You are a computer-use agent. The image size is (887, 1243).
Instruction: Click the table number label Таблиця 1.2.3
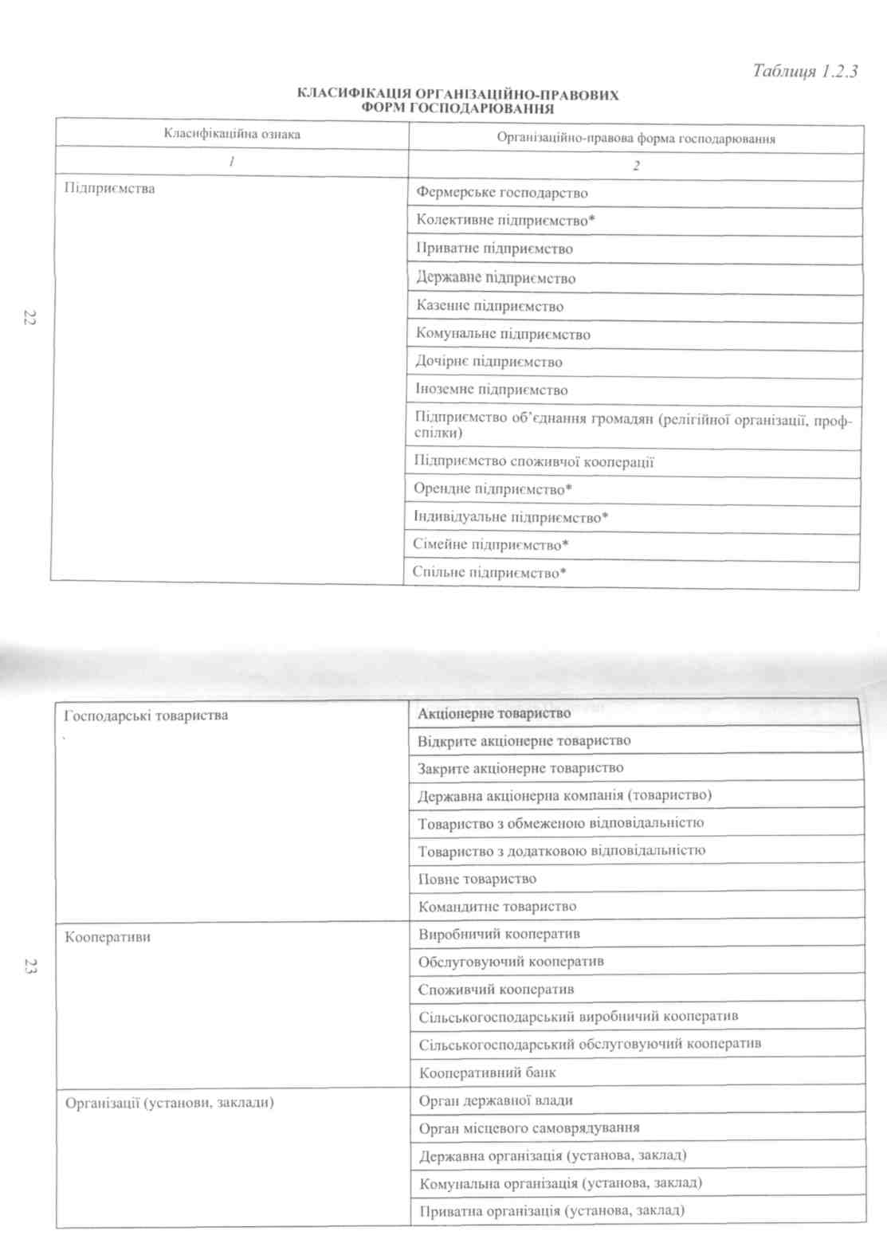pyautogui.click(x=804, y=71)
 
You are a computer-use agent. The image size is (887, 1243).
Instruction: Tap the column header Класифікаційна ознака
pyautogui.click(x=232, y=134)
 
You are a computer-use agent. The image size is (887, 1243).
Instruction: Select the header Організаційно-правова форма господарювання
pyautogui.click(x=635, y=139)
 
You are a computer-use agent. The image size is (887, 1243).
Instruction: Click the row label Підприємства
pyautogui.click(x=110, y=189)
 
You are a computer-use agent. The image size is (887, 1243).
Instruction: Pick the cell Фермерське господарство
pyautogui.click(x=502, y=193)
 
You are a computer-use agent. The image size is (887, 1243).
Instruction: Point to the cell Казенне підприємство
pyautogui.click(x=489, y=306)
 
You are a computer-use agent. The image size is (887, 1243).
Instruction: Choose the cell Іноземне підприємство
pyautogui.click(x=491, y=390)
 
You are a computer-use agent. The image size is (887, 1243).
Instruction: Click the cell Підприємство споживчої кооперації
pyautogui.click(x=534, y=461)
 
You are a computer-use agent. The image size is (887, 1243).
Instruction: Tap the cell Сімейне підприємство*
pyautogui.click(x=490, y=545)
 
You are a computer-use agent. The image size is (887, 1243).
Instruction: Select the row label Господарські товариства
pyautogui.click(x=146, y=716)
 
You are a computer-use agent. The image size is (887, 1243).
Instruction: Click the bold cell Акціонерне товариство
pyautogui.click(x=494, y=713)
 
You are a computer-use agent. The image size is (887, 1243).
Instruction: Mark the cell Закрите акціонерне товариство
pyautogui.click(x=520, y=768)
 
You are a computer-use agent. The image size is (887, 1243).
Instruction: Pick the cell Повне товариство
pyautogui.click(x=477, y=879)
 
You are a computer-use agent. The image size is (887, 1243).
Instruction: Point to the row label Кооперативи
pyautogui.click(x=108, y=937)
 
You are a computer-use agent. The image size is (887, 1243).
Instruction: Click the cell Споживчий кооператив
pyautogui.click(x=496, y=990)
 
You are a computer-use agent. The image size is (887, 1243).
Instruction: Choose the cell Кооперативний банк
pyautogui.click(x=488, y=1072)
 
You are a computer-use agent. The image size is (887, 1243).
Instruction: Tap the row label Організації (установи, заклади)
pyautogui.click(x=169, y=1103)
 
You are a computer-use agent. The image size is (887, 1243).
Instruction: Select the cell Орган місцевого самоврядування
pyautogui.click(x=529, y=1128)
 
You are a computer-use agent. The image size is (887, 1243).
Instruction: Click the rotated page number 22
pyautogui.click(x=29, y=317)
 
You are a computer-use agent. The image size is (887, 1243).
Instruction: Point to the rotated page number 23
pyautogui.click(x=30, y=967)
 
